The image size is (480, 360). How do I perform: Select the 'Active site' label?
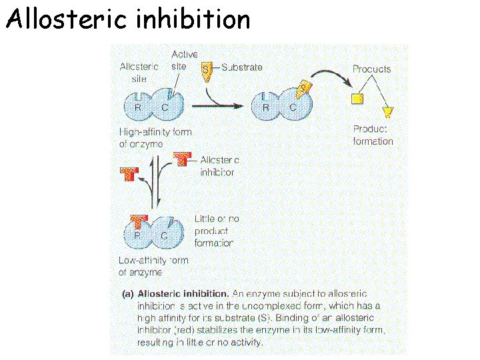click(184, 60)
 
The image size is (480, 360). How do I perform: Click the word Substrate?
click(242, 67)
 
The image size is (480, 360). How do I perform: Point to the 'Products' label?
click(371, 69)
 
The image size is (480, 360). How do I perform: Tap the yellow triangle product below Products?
click(387, 111)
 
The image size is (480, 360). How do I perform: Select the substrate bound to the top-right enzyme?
click(305, 89)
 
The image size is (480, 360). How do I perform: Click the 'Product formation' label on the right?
click(373, 135)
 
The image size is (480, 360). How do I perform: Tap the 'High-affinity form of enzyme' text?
click(155, 137)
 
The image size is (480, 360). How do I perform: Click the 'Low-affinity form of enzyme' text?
click(153, 266)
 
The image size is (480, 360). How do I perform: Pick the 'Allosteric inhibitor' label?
click(219, 166)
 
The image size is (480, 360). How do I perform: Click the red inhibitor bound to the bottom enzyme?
click(139, 221)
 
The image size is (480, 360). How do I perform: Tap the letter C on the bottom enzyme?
click(164, 235)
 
